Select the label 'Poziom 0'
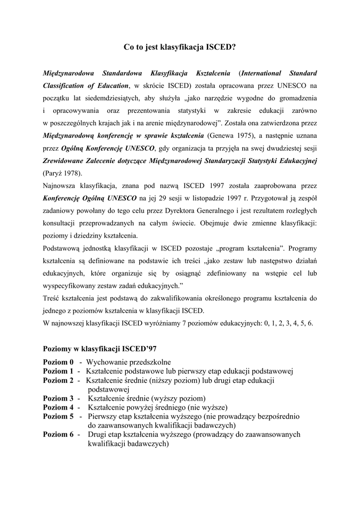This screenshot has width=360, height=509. (58, 362)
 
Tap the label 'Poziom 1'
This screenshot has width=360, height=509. (58, 371)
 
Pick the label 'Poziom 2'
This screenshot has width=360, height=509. (58, 380)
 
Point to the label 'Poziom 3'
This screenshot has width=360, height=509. (58, 399)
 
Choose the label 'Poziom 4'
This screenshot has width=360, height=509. (58, 408)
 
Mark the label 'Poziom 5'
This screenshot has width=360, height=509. (58, 417)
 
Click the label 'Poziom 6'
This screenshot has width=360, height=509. (58, 434)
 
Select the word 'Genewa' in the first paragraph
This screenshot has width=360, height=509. (219, 135)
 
